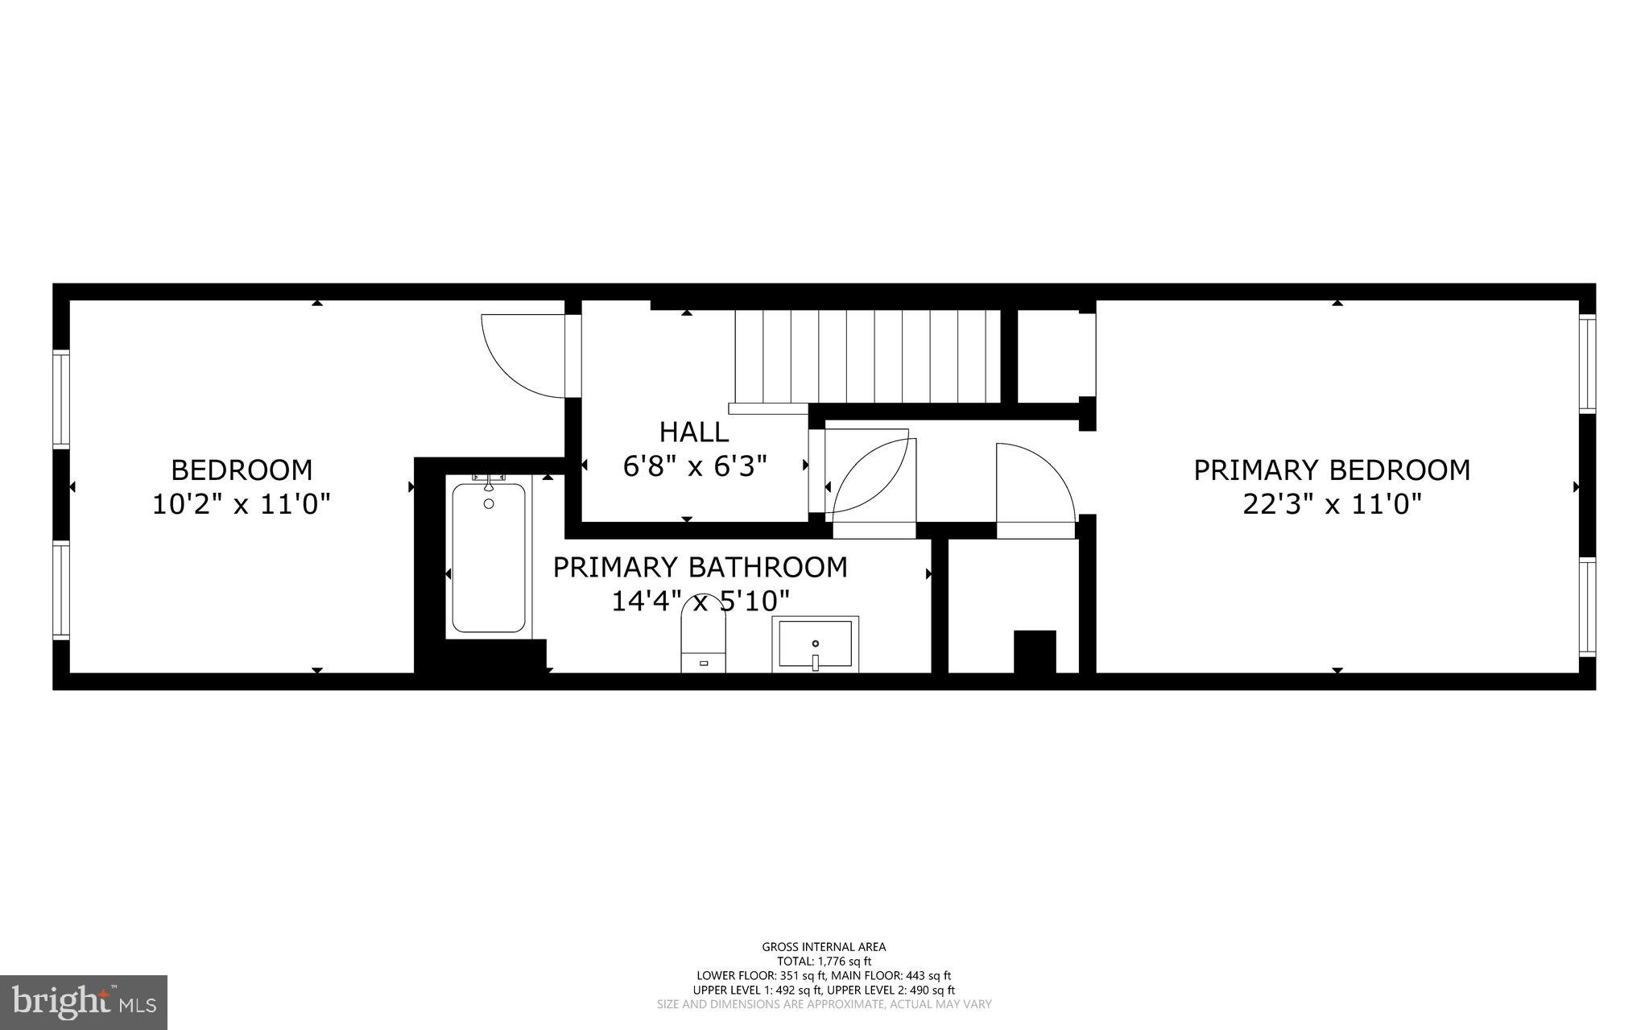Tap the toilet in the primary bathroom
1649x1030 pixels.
[x=703, y=640]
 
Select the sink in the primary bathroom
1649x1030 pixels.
[x=815, y=644]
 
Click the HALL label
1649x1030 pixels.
[x=694, y=432]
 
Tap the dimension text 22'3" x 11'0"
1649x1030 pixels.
[x=1332, y=505]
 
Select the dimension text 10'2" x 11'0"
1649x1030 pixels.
[x=242, y=505]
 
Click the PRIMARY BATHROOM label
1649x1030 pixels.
[x=700, y=567]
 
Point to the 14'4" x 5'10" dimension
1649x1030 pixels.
[x=700, y=601]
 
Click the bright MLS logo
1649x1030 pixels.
[x=84, y=1002]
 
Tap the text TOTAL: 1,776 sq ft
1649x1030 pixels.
[x=824, y=961]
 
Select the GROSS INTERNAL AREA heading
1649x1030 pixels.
[x=824, y=947]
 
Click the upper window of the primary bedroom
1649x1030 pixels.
[x=1587, y=364]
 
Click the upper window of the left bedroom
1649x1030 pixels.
[x=61, y=398]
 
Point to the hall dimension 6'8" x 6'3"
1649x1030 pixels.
[x=694, y=466]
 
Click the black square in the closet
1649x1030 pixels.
[x=1034, y=651]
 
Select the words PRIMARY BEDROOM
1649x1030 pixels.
[x=1332, y=470]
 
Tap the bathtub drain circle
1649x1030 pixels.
[x=489, y=504]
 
